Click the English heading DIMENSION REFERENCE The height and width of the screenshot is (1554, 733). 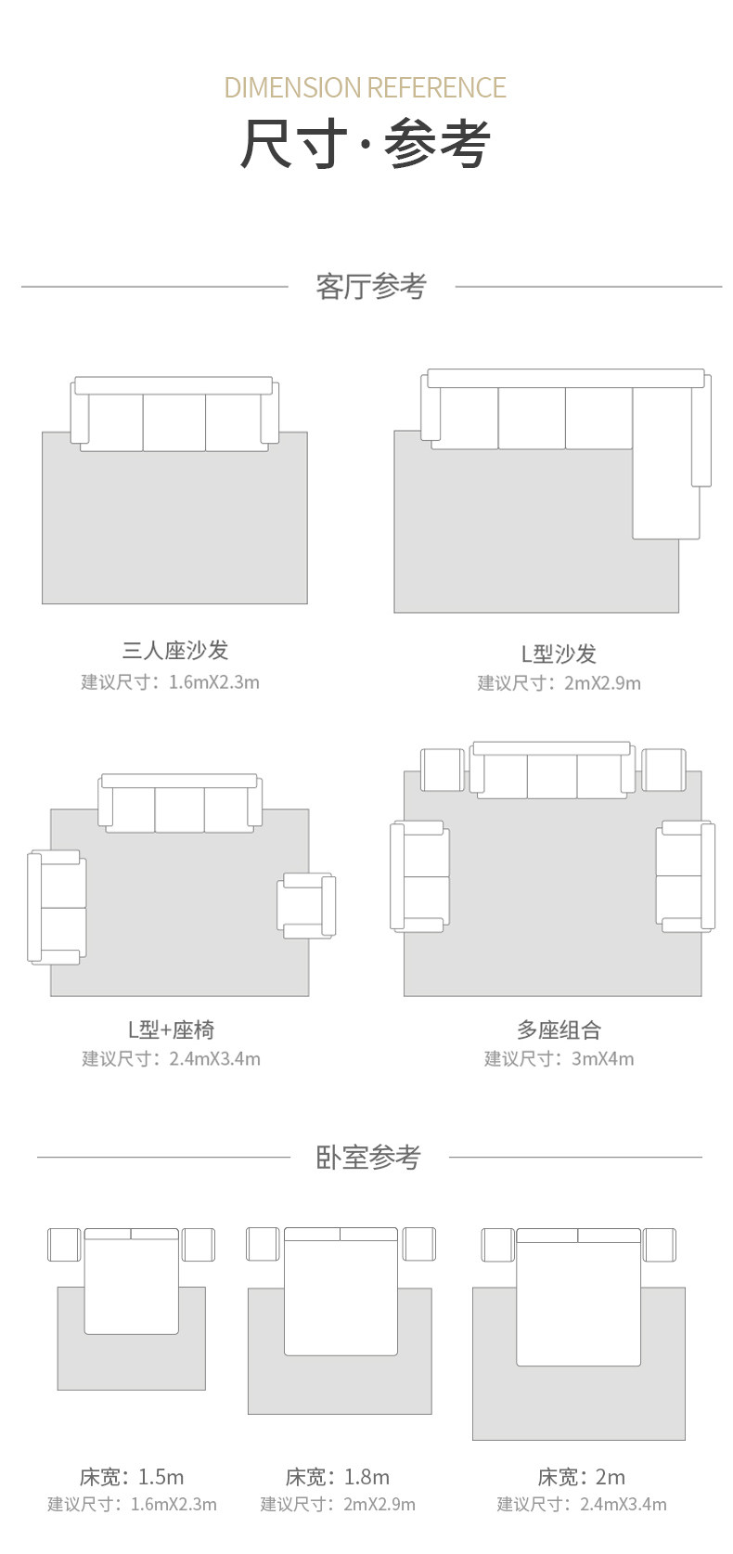pyautogui.click(x=365, y=88)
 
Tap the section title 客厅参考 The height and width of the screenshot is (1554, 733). pyautogui.click(x=370, y=287)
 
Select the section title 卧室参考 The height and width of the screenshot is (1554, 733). pyautogui.click(x=368, y=1158)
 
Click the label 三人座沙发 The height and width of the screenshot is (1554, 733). pyautogui.click(x=175, y=651)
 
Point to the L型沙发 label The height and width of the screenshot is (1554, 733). pyautogui.click(x=559, y=654)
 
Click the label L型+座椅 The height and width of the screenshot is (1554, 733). pyautogui.click(x=171, y=1030)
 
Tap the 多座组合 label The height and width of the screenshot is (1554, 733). pyautogui.click(x=559, y=1030)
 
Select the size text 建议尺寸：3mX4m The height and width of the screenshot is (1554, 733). pyautogui.click(x=559, y=1058)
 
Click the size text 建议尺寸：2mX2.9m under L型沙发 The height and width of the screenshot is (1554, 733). pyautogui.click(x=559, y=683)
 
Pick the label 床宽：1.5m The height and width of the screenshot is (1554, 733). pyautogui.click(x=132, y=1476)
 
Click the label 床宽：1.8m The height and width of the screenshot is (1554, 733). pyautogui.click(x=338, y=1476)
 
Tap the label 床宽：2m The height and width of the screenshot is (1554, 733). pyautogui.click(x=581, y=1476)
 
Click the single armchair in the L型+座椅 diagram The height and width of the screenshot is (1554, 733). pyautogui.click(x=307, y=904)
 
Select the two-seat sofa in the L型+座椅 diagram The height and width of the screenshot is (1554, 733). pyautogui.click(x=58, y=907)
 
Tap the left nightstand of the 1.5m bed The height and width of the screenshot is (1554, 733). pyautogui.click(x=64, y=1245)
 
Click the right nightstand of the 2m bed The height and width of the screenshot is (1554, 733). pyautogui.click(x=660, y=1245)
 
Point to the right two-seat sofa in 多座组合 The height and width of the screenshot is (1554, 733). pyautogui.click(x=685, y=875)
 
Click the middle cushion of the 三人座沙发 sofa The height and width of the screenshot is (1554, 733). pyautogui.click(x=174, y=422)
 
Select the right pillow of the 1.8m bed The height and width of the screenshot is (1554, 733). pyautogui.click(x=368, y=1234)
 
